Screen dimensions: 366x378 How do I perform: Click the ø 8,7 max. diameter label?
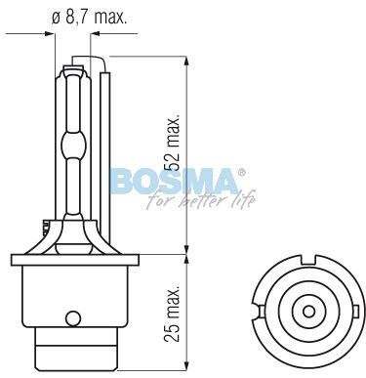click(x=89, y=18)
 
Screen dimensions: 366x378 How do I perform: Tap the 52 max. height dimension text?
click(x=172, y=143)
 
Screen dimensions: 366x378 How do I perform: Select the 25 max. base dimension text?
click(x=172, y=314)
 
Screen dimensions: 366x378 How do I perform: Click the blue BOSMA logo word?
click(x=174, y=182)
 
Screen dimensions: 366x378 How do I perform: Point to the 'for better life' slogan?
click(x=201, y=199)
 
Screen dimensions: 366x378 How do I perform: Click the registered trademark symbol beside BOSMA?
click(x=241, y=173)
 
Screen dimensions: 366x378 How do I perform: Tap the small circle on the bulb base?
click(x=73, y=317)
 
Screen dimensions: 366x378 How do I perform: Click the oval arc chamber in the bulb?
click(x=74, y=145)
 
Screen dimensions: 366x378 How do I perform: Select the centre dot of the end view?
click(x=308, y=312)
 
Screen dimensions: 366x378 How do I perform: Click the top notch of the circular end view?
click(x=308, y=260)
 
